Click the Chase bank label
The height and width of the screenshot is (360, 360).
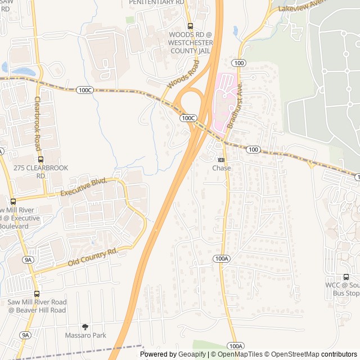(x=221, y=168)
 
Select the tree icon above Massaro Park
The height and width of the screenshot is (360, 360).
(x=85, y=327)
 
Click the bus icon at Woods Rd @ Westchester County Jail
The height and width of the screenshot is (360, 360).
(x=190, y=26)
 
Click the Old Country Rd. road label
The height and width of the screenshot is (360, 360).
(x=92, y=256)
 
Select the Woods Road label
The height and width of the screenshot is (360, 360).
(x=183, y=76)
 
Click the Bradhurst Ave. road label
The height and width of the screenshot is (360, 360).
(x=235, y=106)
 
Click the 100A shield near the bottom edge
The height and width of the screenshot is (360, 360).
(x=236, y=345)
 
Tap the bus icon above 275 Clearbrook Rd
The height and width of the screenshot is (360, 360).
(x=40, y=159)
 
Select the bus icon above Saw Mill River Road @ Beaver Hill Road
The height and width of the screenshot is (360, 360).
(x=37, y=294)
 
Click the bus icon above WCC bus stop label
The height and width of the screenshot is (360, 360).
(x=346, y=277)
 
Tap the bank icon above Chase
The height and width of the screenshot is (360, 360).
(x=221, y=160)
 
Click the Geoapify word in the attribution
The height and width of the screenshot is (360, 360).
(x=192, y=354)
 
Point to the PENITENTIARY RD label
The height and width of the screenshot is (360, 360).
(x=156, y=2)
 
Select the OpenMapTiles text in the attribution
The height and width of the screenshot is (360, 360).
(x=240, y=354)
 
